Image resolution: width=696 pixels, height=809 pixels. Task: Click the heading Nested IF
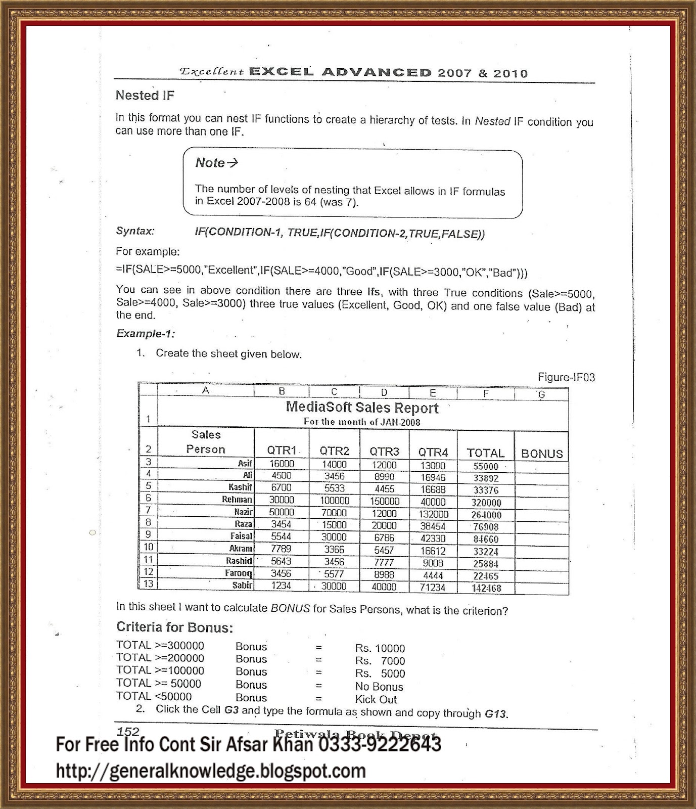(x=145, y=95)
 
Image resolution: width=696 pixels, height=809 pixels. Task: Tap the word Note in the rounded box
(x=210, y=163)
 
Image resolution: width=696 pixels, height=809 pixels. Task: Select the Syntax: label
(x=135, y=231)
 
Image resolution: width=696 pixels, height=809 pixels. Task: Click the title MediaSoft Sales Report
(x=362, y=407)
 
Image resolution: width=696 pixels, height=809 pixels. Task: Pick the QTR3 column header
(x=384, y=451)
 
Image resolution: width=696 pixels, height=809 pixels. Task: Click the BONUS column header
(x=541, y=454)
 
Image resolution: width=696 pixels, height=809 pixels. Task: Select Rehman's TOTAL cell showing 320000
(x=486, y=503)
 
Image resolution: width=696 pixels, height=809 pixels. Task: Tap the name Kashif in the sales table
(x=240, y=487)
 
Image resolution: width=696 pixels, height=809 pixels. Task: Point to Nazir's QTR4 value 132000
(x=433, y=514)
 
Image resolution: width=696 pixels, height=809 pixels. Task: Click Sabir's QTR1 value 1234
(x=281, y=586)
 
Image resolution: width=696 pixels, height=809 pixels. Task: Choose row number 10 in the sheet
(x=148, y=547)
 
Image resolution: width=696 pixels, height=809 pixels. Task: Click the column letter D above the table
(x=384, y=392)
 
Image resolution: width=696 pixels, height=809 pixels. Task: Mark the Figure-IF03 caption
(x=566, y=377)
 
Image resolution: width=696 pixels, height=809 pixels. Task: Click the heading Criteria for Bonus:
(x=174, y=627)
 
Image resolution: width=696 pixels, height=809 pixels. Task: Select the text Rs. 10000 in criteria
(x=380, y=648)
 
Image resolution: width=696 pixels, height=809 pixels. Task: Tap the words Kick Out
(x=376, y=699)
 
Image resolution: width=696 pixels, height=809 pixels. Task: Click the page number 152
(x=128, y=731)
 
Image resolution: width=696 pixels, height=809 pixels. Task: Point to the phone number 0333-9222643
(x=380, y=745)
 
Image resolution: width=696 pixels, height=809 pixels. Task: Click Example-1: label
(x=145, y=333)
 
